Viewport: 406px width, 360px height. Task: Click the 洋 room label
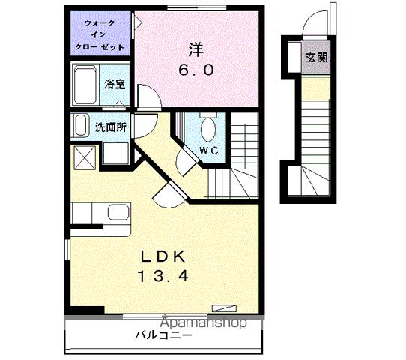(x=196, y=51)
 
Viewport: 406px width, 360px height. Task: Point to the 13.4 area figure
(x=162, y=276)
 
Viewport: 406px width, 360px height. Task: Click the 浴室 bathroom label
(x=115, y=84)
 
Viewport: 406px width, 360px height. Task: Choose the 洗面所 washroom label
(x=109, y=127)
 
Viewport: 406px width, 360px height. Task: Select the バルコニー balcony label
(x=163, y=335)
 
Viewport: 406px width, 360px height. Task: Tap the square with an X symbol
(x=82, y=157)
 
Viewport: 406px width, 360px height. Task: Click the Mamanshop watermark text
(x=210, y=323)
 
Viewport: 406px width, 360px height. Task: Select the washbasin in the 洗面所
(x=80, y=127)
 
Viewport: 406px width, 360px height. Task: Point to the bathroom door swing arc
(x=145, y=95)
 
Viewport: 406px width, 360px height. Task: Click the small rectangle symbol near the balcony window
(x=223, y=307)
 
